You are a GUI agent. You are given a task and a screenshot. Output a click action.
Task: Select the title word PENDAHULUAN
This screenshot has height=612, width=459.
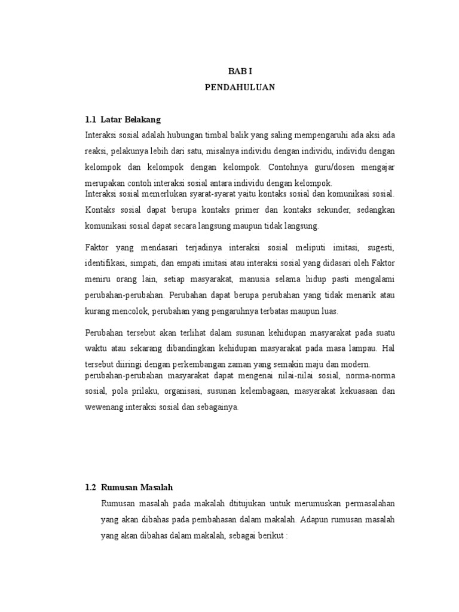pos(240,87)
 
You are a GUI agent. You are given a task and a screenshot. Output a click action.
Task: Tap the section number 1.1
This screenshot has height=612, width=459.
pos(91,120)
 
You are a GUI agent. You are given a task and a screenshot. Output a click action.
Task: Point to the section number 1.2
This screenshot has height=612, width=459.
pos(91,488)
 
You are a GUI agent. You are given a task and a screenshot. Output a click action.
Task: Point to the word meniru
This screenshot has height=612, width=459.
pos(100,279)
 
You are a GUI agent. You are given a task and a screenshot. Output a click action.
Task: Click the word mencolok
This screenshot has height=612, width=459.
pos(133,311)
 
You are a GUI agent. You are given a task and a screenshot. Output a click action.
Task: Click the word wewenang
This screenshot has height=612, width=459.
pos(105,408)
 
